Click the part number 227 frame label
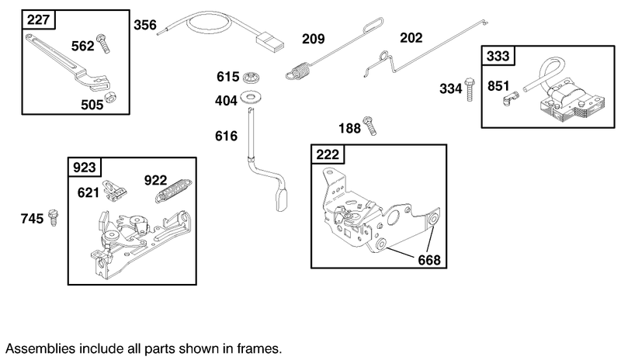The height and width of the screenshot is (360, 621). coord(36,19)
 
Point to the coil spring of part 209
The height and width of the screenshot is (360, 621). coord(296,70)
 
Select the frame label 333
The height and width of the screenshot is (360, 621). coord(498,56)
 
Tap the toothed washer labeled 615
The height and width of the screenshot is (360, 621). coord(250,78)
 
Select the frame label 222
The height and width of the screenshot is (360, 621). coord(328,154)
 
